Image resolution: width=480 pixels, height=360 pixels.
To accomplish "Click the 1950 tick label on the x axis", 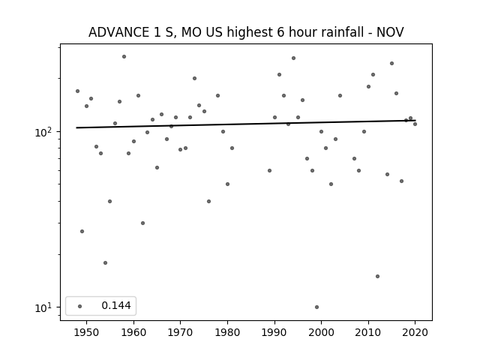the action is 87,332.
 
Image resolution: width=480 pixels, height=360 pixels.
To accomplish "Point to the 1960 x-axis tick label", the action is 133,332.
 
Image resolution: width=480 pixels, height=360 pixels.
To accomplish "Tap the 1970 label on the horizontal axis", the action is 180,332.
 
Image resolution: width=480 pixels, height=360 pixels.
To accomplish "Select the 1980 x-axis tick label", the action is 227,332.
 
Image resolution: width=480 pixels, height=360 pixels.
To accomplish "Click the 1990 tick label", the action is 274,332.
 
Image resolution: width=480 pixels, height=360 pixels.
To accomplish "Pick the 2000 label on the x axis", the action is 321,332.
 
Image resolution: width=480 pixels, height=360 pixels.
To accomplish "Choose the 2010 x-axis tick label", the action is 368,332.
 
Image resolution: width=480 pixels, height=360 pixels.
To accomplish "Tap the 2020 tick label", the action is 415,332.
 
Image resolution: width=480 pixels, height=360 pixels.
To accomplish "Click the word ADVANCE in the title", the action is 118,32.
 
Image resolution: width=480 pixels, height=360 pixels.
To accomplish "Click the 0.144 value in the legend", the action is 116,305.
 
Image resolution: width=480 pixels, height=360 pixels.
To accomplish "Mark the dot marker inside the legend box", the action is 79,306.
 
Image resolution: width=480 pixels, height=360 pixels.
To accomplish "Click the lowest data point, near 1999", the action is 316,307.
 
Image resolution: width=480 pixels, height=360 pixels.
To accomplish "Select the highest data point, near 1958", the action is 124,57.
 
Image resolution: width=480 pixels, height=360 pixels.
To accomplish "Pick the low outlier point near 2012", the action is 377,277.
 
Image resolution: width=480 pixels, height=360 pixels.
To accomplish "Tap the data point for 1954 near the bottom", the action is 105,263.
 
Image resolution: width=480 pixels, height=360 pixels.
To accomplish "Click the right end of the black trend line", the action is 415,121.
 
